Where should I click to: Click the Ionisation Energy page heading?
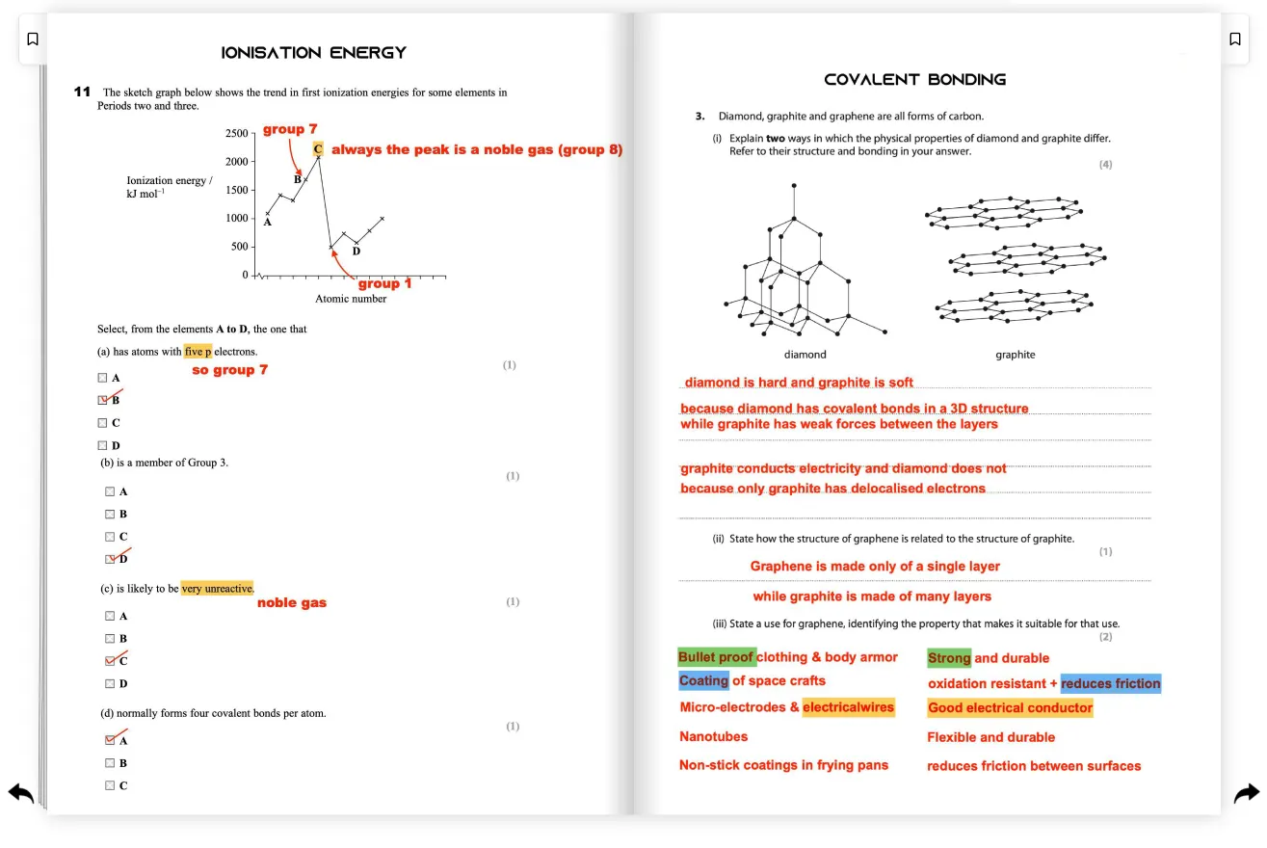(x=314, y=53)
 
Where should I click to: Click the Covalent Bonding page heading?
(x=914, y=80)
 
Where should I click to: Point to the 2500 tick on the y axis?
(x=236, y=133)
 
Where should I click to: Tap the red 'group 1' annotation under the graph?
(x=384, y=283)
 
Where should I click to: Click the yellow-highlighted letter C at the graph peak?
(x=318, y=149)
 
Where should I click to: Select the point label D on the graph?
(x=356, y=252)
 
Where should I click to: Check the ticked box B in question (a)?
(x=103, y=400)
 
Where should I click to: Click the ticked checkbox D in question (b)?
(x=111, y=559)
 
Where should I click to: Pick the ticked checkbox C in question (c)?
(x=111, y=661)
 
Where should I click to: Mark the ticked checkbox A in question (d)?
(x=111, y=740)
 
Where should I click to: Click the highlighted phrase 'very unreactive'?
(x=217, y=588)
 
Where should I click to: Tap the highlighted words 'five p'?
(x=198, y=352)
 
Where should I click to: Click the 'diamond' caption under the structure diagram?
(x=805, y=355)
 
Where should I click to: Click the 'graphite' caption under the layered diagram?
(x=1015, y=355)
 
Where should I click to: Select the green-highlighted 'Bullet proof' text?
(x=716, y=657)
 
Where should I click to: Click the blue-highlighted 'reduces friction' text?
(x=1110, y=683)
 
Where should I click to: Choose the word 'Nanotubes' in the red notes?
(x=713, y=736)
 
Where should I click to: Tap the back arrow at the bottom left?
(x=21, y=793)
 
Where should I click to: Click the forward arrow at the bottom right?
(x=1246, y=793)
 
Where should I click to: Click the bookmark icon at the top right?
(x=1234, y=40)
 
